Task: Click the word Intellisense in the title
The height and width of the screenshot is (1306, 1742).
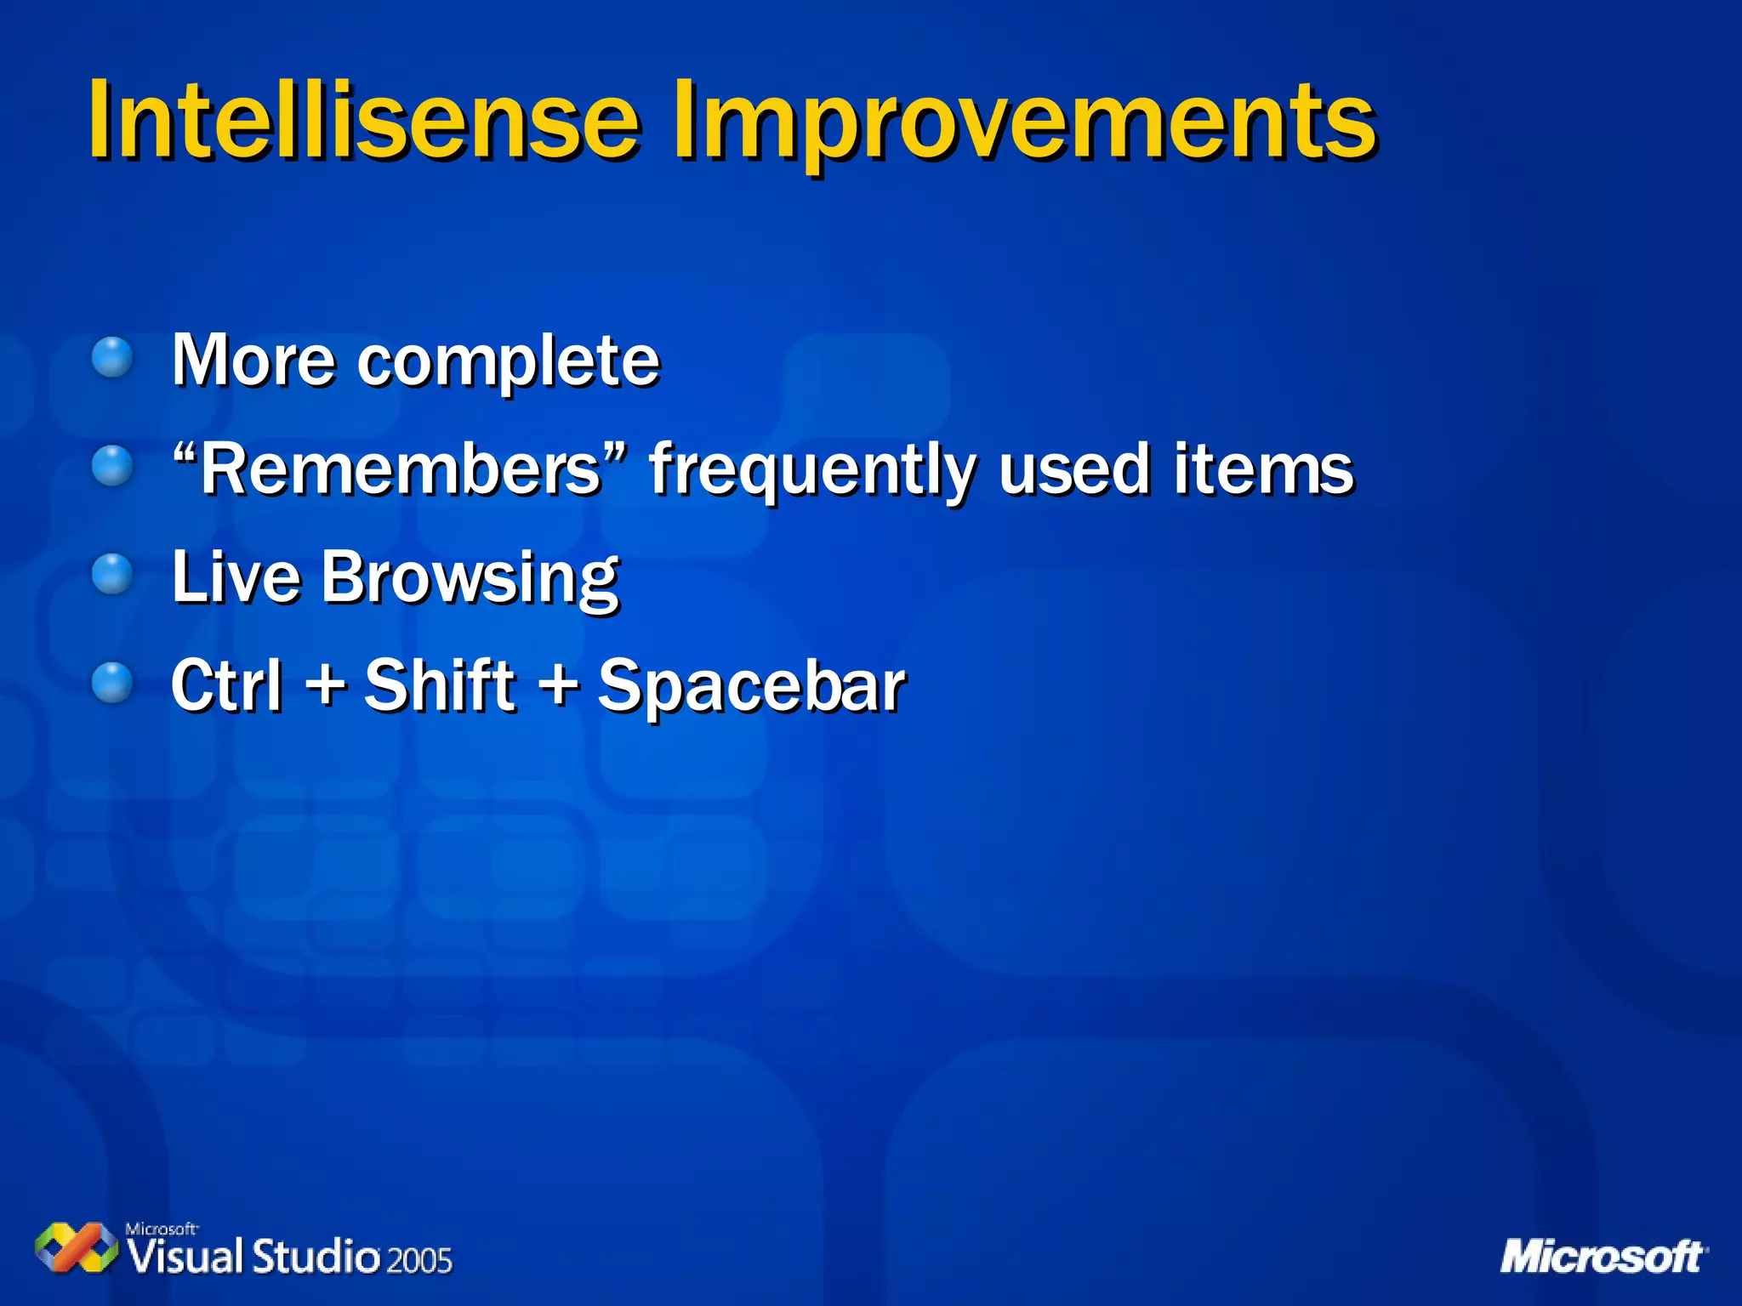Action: pyautogui.click(x=364, y=121)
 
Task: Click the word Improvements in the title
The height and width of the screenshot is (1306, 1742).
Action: pyautogui.click(x=1024, y=121)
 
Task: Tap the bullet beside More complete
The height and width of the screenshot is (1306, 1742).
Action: pyautogui.click(x=112, y=357)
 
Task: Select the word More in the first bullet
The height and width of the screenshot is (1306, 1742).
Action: pyautogui.click(x=253, y=361)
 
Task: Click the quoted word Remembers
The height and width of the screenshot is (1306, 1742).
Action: pyautogui.click(x=400, y=469)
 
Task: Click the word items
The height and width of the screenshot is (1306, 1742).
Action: pyautogui.click(x=1263, y=469)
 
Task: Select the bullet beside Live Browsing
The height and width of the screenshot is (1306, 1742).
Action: pyautogui.click(x=112, y=575)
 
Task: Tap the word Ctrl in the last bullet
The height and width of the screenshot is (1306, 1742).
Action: pyautogui.click(x=226, y=685)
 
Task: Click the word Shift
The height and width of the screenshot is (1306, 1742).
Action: pyautogui.click(x=440, y=685)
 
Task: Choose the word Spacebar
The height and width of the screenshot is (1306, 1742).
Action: pyautogui.click(x=752, y=687)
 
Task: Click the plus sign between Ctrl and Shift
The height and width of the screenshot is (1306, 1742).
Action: pyautogui.click(x=325, y=684)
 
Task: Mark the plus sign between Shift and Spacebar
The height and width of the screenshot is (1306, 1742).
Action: pyautogui.click(x=559, y=684)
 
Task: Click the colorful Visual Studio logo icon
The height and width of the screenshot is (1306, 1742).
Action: pyautogui.click(x=77, y=1247)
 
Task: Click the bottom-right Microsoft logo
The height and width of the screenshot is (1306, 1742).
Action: pyautogui.click(x=1603, y=1257)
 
